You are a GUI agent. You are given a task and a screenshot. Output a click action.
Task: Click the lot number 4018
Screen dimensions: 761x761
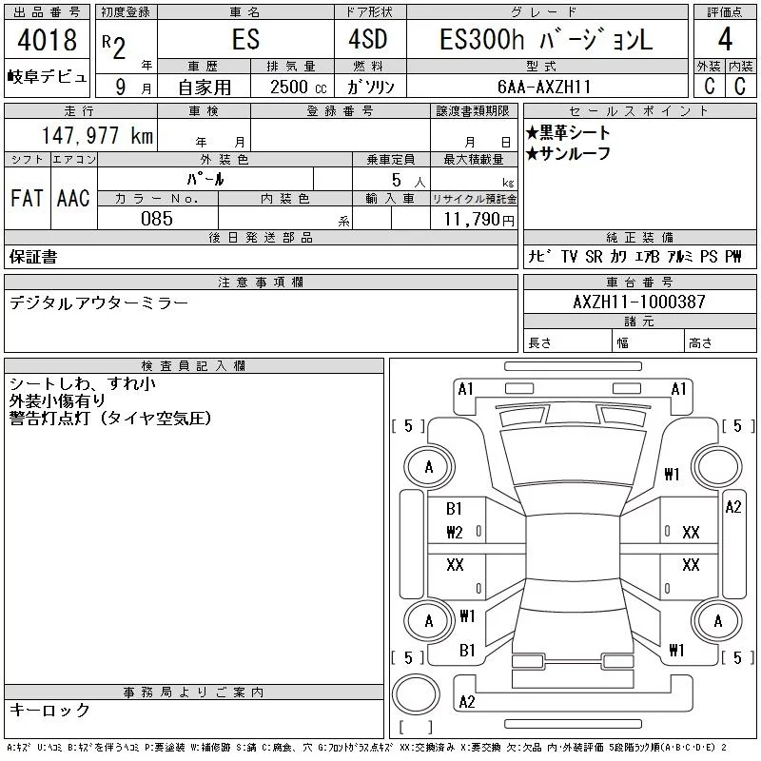pyautogui.click(x=47, y=40)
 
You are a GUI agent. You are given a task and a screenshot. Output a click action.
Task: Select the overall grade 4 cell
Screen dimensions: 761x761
pyautogui.click(x=725, y=39)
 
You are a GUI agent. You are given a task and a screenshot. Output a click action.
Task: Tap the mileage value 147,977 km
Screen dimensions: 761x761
pyautogui.click(x=97, y=135)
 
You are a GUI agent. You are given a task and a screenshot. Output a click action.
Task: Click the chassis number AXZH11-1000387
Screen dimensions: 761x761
pyautogui.click(x=639, y=302)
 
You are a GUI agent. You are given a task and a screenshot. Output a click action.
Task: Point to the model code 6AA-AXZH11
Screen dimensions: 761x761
pyautogui.click(x=544, y=87)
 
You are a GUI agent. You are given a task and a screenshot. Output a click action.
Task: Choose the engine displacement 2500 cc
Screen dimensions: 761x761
pyautogui.click(x=299, y=87)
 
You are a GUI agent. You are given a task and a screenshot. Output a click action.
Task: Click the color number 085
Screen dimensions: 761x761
pyautogui.click(x=157, y=219)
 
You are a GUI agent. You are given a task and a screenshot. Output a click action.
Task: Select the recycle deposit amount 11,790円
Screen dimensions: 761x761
pyautogui.click(x=478, y=220)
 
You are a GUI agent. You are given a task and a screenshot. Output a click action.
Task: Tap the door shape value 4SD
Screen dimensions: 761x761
pyautogui.click(x=368, y=39)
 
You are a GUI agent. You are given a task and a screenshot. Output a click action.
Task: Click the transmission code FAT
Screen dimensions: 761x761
pyautogui.click(x=28, y=198)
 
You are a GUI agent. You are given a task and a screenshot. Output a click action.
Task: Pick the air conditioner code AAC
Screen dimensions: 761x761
pyautogui.click(x=73, y=198)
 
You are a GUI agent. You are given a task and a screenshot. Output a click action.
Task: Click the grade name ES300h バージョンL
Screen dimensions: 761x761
pyautogui.click(x=546, y=39)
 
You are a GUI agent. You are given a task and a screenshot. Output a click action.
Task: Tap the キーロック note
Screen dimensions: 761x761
pyautogui.click(x=49, y=710)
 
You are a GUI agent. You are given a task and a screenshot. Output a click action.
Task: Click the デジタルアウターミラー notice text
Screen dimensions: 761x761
pyautogui.click(x=99, y=303)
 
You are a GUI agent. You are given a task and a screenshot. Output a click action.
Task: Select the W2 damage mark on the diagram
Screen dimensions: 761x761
pyautogui.click(x=455, y=533)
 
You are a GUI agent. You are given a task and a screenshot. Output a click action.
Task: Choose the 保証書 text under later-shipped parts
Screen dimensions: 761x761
pyautogui.click(x=33, y=257)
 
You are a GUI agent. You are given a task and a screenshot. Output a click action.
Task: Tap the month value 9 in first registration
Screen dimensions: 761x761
pyautogui.click(x=121, y=87)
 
